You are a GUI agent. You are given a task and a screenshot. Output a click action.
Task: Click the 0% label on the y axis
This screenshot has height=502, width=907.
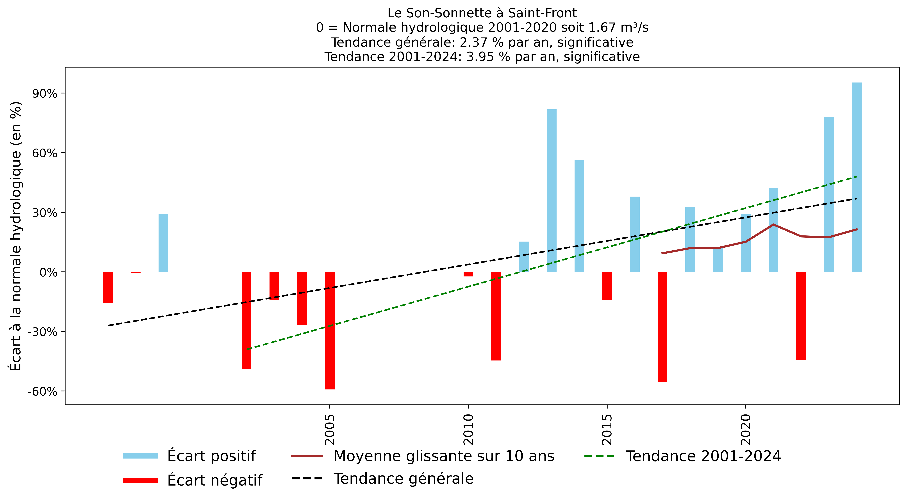click(48, 272)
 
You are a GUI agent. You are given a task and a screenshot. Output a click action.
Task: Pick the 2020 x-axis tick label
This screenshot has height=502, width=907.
click(745, 429)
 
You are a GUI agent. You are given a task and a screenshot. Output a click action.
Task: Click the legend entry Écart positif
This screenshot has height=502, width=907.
click(211, 456)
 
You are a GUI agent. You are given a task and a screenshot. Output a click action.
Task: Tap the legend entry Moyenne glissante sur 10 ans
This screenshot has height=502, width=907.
click(444, 456)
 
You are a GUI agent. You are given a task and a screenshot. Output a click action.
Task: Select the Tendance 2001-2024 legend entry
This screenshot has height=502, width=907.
click(703, 456)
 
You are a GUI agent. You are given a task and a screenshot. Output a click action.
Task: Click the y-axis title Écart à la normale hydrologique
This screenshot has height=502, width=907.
click(16, 236)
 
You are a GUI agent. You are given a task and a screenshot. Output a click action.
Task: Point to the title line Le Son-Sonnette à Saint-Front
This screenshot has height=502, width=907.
click(482, 13)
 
